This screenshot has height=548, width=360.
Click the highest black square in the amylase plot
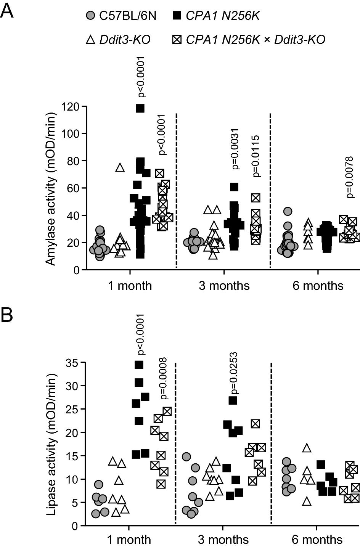coord(140,108)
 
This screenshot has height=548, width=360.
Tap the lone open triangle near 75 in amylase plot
coord(120,167)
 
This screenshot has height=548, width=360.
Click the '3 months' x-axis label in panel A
coord(224,286)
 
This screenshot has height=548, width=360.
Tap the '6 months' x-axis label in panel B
coord(317,540)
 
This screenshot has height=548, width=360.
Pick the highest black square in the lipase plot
coord(139,365)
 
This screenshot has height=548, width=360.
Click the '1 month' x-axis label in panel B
coord(129,540)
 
